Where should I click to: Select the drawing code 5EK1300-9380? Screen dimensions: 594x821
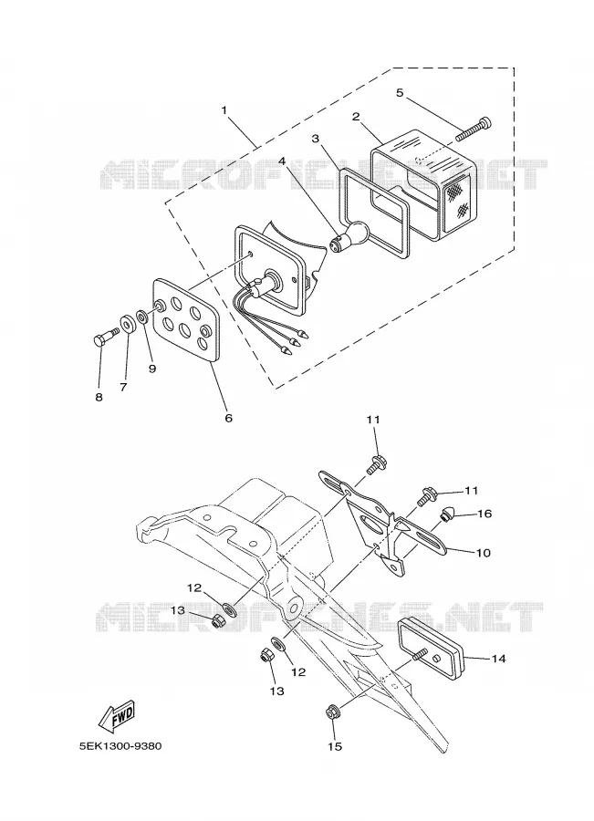(x=120, y=745)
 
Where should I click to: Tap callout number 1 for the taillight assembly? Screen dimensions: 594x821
(x=224, y=110)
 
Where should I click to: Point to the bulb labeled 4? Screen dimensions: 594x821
(x=349, y=234)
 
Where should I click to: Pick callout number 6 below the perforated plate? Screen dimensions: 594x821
(x=228, y=418)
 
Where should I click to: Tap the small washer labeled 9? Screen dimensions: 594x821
(x=141, y=317)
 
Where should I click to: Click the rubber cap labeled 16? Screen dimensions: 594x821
(x=447, y=514)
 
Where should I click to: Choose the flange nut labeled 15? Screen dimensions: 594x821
(x=331, y=712)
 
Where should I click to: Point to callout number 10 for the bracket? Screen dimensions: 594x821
(x=483, y=552)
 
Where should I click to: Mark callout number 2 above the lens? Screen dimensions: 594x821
(x=356, y=116)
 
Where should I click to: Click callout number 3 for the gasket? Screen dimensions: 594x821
(x=316, y=139)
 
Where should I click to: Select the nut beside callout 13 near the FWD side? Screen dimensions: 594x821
(x=218, y=621)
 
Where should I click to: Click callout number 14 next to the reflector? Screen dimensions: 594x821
(x=499, y=658)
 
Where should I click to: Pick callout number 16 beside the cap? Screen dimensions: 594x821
(x=485, y=514)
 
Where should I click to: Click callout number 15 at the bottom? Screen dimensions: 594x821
(x=335, y=746)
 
